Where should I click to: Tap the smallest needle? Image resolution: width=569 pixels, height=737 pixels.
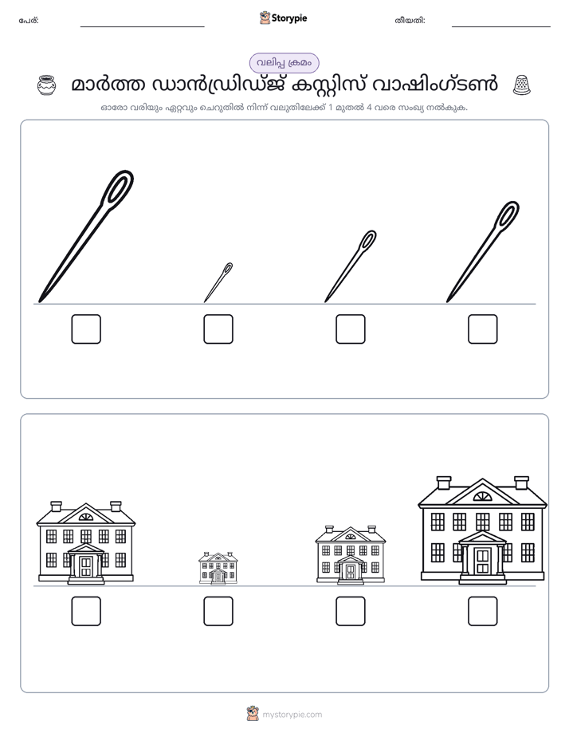coord(218,282)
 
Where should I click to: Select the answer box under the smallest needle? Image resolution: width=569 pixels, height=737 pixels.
coord(218,329)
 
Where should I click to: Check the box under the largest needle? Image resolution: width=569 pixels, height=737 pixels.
coord(86,329)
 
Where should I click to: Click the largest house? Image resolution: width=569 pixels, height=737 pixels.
coord(483,530)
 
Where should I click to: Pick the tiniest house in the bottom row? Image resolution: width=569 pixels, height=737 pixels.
coord(218,568)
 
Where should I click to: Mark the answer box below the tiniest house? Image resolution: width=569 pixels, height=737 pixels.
coord(218,611)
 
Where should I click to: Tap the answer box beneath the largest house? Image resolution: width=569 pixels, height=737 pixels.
coord(483,611)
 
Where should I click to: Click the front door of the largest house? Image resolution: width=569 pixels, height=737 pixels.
coord(483,561)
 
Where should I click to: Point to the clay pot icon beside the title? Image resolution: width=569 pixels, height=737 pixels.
coord(46,85)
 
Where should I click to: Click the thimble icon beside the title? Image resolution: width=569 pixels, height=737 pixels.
coord(521,85)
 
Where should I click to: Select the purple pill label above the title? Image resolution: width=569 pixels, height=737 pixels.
coord(284,63)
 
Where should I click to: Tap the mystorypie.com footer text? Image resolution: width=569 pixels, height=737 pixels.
coord(292,715)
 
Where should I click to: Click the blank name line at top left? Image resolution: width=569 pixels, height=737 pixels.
coord(142,26)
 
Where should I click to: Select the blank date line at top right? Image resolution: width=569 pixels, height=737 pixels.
coord(501,26)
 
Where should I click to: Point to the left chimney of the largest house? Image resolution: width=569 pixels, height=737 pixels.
coord(444,483)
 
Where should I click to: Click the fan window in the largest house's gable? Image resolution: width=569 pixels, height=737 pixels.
coord(482,496)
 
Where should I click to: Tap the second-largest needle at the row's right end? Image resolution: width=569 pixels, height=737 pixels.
coord(483,251)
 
